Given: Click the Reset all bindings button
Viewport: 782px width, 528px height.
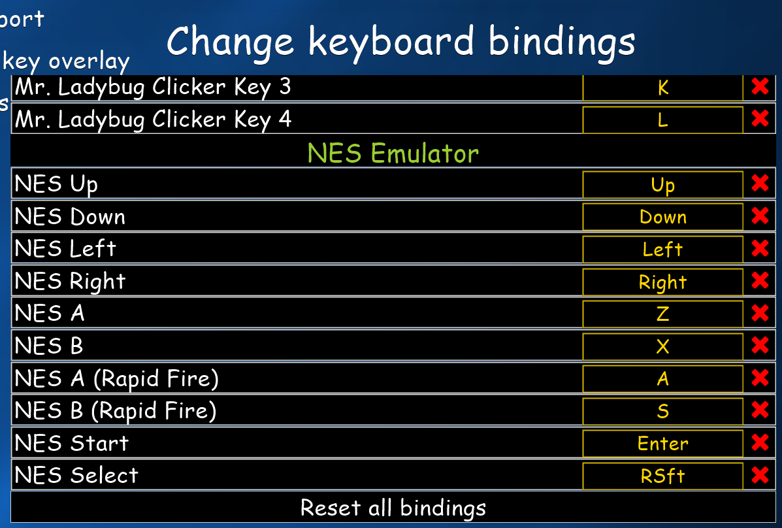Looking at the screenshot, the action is point(393,508).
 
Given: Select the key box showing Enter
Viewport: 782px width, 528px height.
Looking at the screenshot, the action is point(663,443).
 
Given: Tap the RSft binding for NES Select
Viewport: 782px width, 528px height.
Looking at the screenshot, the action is point(663,476).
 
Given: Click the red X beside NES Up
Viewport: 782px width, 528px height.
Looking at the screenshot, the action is point(760,183).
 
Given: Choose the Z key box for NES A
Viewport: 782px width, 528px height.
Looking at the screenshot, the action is point(663,314).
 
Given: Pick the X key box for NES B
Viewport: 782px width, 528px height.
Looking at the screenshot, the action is point(663,346).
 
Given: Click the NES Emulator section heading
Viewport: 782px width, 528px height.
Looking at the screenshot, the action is point(393,153).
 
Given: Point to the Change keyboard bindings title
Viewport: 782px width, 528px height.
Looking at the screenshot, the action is point(401,42).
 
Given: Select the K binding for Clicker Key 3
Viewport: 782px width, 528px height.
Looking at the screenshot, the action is point(663,88).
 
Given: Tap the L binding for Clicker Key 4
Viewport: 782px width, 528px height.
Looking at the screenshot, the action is point(663,120).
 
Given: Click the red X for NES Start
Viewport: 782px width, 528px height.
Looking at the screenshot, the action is point(760,442).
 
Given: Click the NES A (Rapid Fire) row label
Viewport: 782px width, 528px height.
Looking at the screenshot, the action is point(117,379).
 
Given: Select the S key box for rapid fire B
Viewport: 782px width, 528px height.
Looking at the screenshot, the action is point(663,411).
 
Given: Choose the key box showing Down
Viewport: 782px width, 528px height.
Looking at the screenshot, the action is point(663,216).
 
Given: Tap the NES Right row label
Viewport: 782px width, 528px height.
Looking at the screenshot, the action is point(71,282).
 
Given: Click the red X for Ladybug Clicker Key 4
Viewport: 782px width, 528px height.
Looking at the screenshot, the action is point(760,118).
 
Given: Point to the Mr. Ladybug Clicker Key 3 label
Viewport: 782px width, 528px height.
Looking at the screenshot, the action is point(153,88).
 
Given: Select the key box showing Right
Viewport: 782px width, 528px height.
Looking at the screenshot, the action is point(663,282).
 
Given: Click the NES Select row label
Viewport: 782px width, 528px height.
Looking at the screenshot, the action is point(76,475).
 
